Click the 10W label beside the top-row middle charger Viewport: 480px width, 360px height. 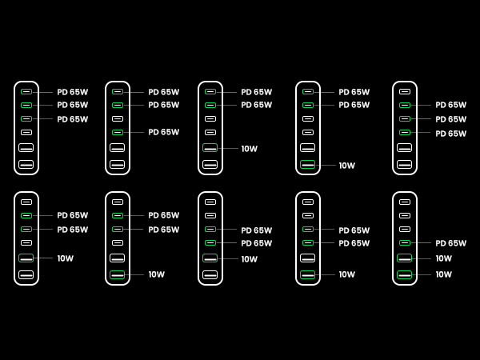[249, 149]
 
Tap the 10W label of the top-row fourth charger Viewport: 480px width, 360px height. [346, 166]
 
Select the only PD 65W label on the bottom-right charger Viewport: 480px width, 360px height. [450, 243]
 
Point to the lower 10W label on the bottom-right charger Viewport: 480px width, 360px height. [443, 274]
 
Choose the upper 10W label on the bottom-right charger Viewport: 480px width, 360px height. [443, 258]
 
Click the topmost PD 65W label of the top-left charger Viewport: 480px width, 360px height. [72, 92]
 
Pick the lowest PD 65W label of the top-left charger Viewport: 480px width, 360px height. [72, 119]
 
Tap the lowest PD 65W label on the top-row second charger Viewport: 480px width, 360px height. [163, 132]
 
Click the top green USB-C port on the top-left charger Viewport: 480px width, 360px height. [26, 92]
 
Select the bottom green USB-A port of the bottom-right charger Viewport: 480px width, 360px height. [405, 274]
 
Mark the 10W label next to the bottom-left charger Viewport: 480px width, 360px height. [65, 258]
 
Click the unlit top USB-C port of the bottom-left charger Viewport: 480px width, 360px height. [26, 202]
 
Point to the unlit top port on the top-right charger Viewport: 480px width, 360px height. [405, 92]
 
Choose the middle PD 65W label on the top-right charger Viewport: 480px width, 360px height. [450, 119]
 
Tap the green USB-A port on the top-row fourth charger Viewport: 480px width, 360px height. [308, 165]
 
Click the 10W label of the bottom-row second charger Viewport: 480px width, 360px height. [156, 274]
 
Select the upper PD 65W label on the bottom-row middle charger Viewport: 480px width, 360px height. [256, 230]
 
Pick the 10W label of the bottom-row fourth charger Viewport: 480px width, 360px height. [346, 274]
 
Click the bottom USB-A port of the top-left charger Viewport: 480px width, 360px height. [26, 165]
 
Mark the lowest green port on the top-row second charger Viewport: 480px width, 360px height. [118, 132]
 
